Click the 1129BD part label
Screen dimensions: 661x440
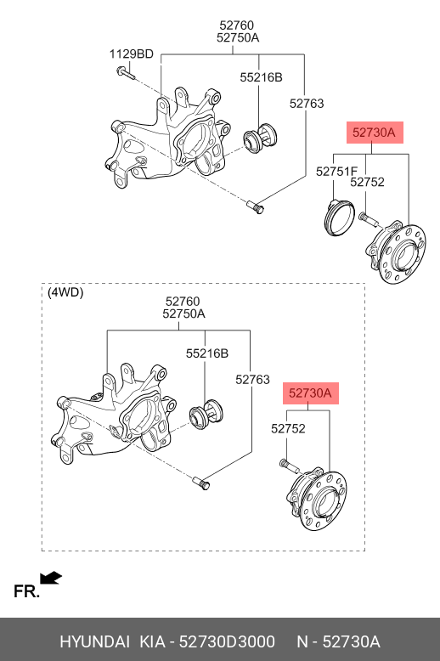click(x=131, y=54)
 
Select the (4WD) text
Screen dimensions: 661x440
click(x=65, y=292)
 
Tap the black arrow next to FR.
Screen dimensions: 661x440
click(x=52, y=579)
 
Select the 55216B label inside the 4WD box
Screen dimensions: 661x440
click(x=207, y=353)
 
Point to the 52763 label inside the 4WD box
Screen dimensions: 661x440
click(x=252, y=380)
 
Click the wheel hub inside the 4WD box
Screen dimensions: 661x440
click(x=318, y=501)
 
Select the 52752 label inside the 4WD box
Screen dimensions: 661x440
click(x=288, y=429)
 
